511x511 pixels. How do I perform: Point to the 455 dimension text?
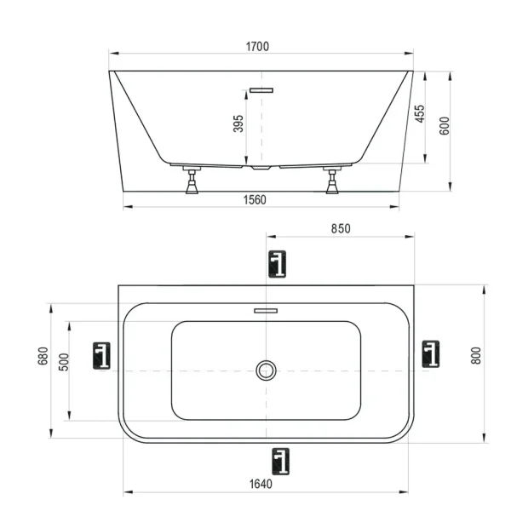420,114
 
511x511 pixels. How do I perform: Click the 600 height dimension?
444,125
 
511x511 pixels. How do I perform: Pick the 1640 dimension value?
260,484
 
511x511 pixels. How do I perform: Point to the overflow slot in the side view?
261,89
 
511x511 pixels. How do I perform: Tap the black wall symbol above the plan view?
277,264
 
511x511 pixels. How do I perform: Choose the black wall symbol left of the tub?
102,354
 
